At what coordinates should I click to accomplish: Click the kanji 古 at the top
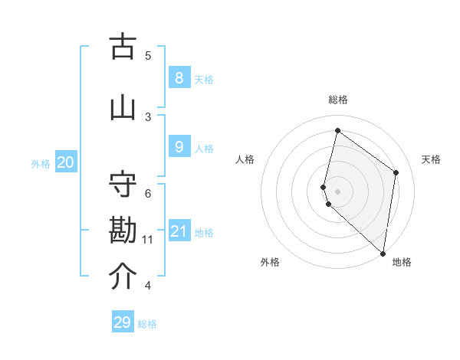click(x=123, y=47)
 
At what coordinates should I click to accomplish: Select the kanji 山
click(x=123, y=108)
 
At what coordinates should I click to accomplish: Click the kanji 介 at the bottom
click(x=123, y=277)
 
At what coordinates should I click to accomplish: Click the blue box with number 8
click(x=179, y=78)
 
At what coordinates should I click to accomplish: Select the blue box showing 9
click(x=179, y=147)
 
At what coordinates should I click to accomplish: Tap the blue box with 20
click(x=65, y=162)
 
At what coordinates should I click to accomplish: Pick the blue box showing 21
click(x=179, y=231)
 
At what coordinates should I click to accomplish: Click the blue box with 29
click(x=123, y=322)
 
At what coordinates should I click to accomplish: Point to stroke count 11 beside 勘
click(x=147, y=240)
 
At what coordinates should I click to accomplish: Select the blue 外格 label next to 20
click(x=41, y=163)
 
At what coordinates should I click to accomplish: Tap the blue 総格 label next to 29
click(x=147, y=324)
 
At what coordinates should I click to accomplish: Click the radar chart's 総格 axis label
click(x=338, y=100)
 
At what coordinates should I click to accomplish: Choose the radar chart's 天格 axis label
click(x=432, y=159)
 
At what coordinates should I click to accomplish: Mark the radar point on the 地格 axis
click(x=383, y=253)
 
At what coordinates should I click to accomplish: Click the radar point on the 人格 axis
click(x=324, y=186)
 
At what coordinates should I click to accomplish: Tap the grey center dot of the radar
click(x=337, y=191)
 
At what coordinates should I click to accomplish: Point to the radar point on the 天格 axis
click(x=396, y=172)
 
